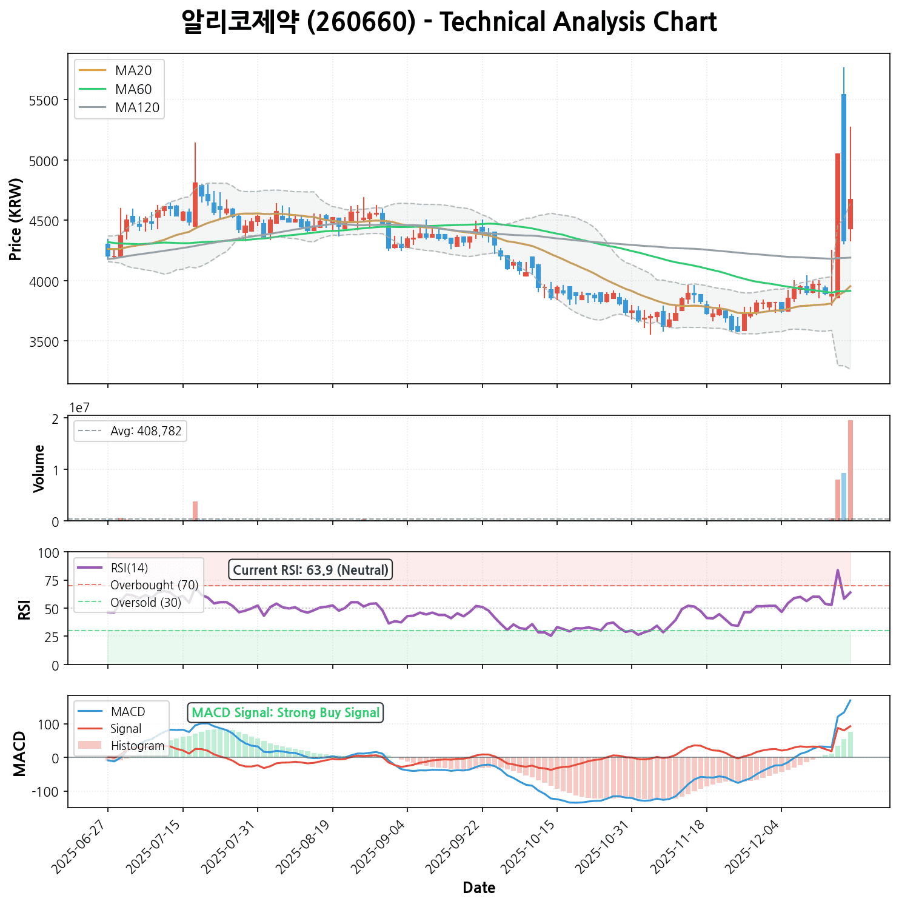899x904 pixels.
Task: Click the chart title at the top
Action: [x=449, y=22]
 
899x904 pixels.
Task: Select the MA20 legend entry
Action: [x=133, y=70]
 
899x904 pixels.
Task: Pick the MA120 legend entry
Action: [x=137, y=108]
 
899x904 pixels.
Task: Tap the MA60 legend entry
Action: [x=133, y=89]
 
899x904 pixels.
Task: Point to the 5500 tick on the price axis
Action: [x=47, y=100]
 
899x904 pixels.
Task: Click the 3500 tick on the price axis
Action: [x=47, y=341]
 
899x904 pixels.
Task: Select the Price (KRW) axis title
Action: [x=16, y=219]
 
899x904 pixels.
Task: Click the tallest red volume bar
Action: [x=851, y=470]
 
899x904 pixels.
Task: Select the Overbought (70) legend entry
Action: [x=154, y=585]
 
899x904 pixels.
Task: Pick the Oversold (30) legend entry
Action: [x=145, y=603]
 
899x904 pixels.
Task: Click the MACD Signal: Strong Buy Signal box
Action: [x=286, y=712]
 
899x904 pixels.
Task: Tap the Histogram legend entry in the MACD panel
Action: [x=138, y=746]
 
